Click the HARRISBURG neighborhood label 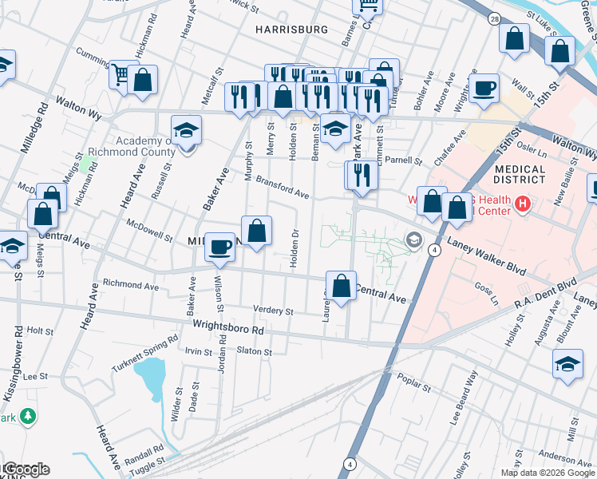click(x=291, y=30)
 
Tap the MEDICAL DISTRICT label click(x=520, y=176)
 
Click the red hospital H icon click(x=523, y=205)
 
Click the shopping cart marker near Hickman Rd click(x=121, y=75)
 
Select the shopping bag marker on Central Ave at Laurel click(x=341, y=286)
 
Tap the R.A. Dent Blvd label click(x=545, y=291)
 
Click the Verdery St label click(x=268, y=310)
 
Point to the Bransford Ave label click(x=283, y=189)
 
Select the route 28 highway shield click(x=496, y=18)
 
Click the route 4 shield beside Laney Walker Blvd click(x=435, y=250)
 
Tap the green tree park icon click(x=28, y=416)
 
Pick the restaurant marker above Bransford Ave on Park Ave click(x=362, y=174)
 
